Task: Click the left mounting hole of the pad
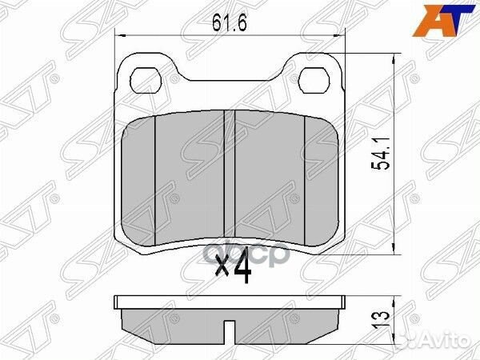147,80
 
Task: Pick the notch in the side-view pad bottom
230,330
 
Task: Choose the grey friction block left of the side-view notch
176,322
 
